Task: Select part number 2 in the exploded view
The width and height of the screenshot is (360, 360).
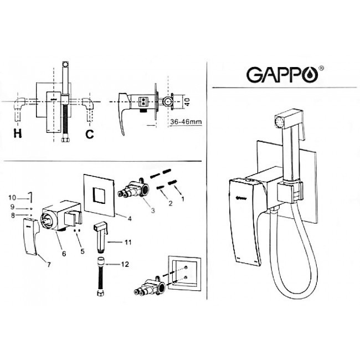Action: pyautogui.click(x=170, y=203)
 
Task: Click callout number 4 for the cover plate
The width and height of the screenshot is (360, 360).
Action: pyautogui.click(x=129, y=218)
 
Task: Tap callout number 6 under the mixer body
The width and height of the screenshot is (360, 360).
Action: pyautogui.click(x=64, y=253)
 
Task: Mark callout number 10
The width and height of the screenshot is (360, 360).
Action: pyautogui.click(x=12, y=197)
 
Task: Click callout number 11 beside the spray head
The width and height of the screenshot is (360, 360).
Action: pyautogui.click(x=128, y=242)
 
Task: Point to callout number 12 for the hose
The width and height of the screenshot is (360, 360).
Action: pyautogui.click(x=127, y=264)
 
